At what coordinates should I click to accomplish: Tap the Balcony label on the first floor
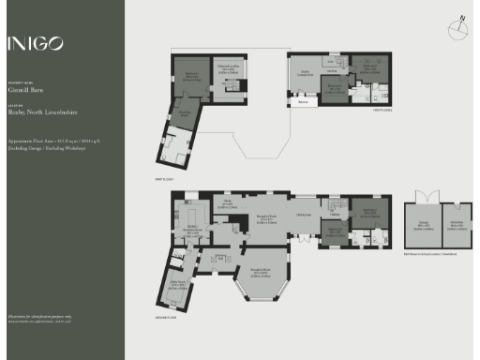click(303, 101)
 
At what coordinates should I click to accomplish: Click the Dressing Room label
click(186, 114)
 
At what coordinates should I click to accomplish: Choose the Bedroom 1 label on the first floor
click(190, 75)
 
